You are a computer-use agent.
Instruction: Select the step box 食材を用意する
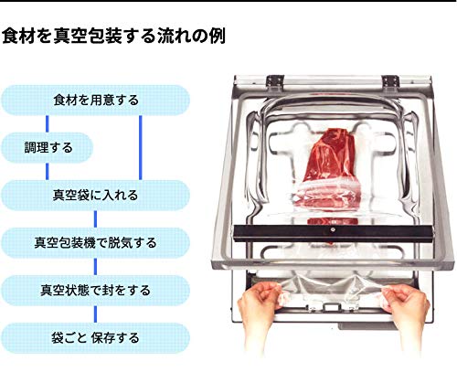(96, 99)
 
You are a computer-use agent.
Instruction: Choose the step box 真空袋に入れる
(96, 195)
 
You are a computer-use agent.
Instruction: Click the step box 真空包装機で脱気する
(96, 243)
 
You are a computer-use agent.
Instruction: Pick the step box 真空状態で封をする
(96, 291)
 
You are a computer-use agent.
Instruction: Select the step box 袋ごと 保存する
(96, 338)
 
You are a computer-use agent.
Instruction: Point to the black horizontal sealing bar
(329, 232)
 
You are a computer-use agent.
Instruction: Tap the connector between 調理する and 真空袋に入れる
(45, 170)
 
